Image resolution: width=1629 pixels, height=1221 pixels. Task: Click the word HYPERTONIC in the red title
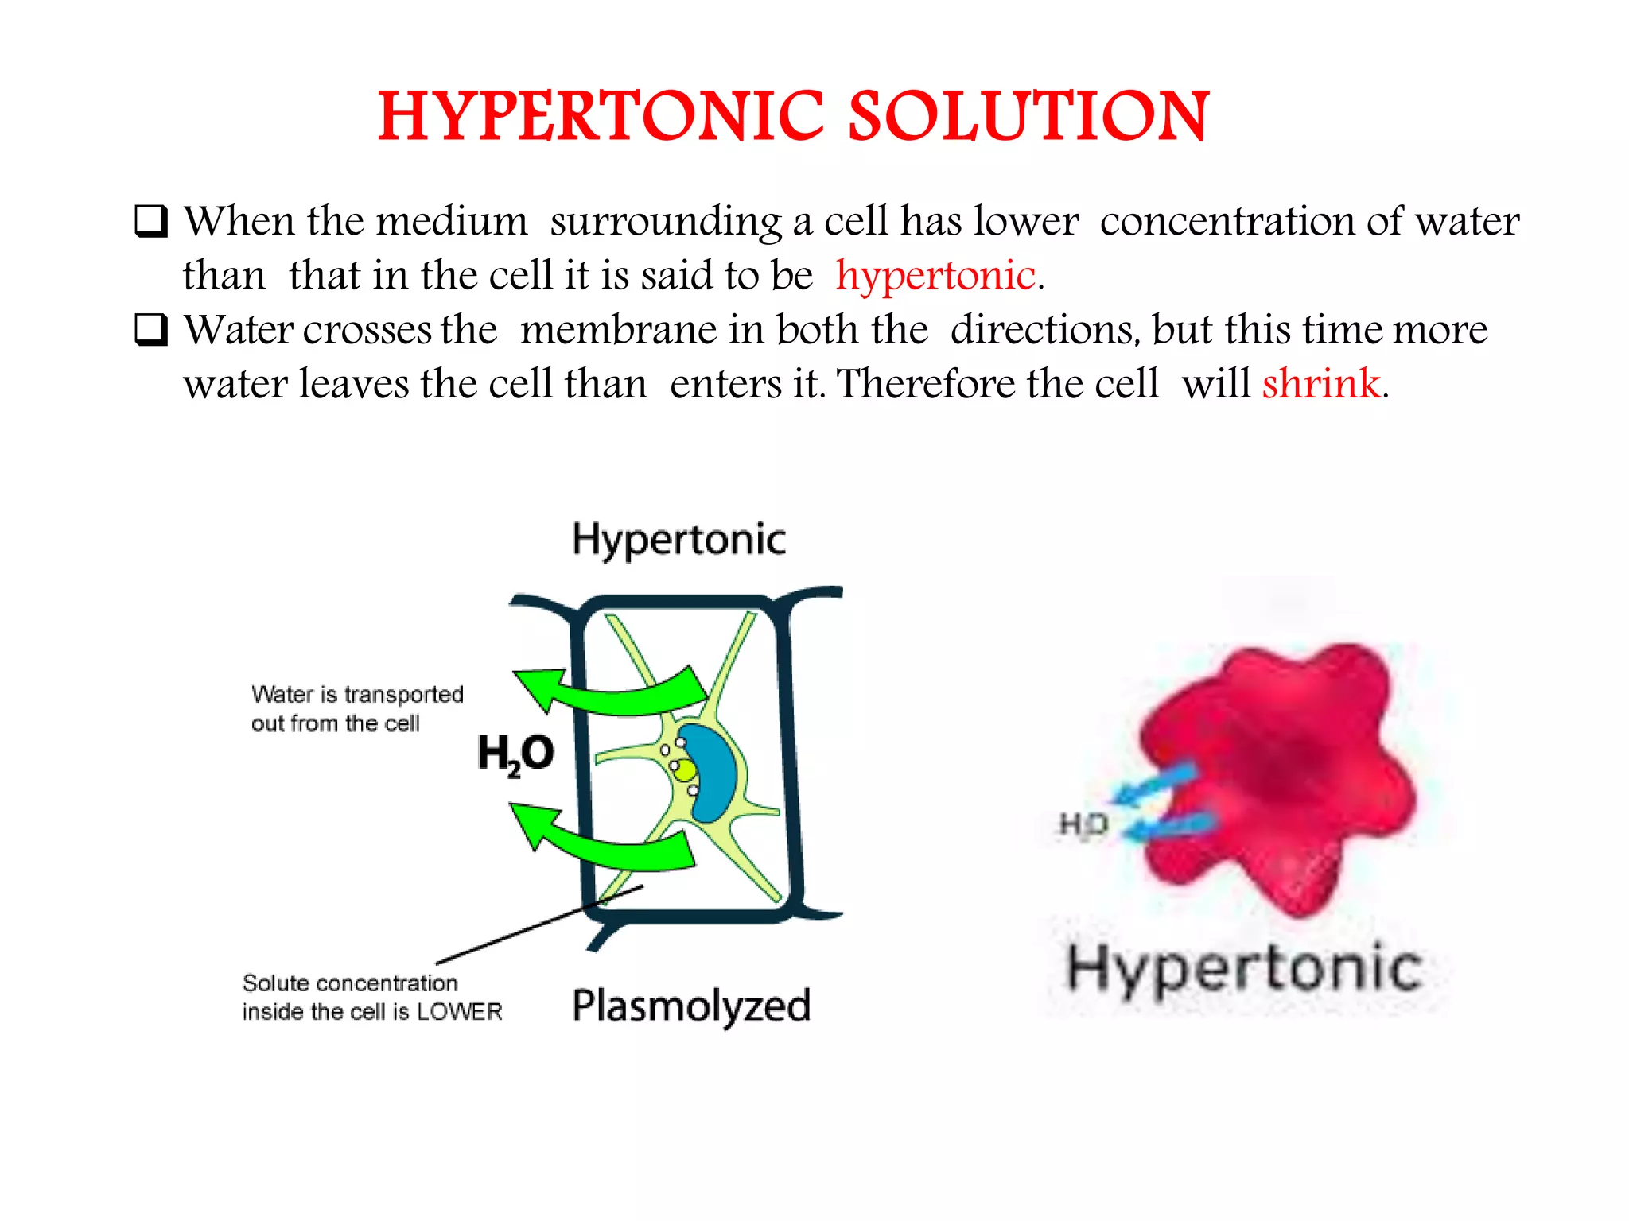point(601,117)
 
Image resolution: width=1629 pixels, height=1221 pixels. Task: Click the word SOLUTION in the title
point(1028,117)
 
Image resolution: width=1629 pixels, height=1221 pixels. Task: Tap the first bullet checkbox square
point(151,221)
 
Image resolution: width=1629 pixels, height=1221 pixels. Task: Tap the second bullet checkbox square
point(151,330)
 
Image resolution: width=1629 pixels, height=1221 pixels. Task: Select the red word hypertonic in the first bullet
point(935,276)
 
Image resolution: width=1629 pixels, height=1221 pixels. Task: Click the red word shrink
point(1321,384)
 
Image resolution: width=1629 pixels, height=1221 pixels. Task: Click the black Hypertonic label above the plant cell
point(678,540)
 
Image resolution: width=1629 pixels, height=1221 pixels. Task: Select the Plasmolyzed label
point(690,1006)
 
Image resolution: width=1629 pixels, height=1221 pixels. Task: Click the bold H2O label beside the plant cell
point(515,753)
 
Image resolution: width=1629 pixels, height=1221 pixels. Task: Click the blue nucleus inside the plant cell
point(710,771)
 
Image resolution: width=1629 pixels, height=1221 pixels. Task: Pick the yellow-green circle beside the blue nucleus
point(684,769)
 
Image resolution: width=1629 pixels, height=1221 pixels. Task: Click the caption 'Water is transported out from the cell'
point(357,708)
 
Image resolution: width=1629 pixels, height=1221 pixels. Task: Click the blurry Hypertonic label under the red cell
point(1243,968)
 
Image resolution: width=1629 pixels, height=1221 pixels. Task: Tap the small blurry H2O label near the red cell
point(1083,824)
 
